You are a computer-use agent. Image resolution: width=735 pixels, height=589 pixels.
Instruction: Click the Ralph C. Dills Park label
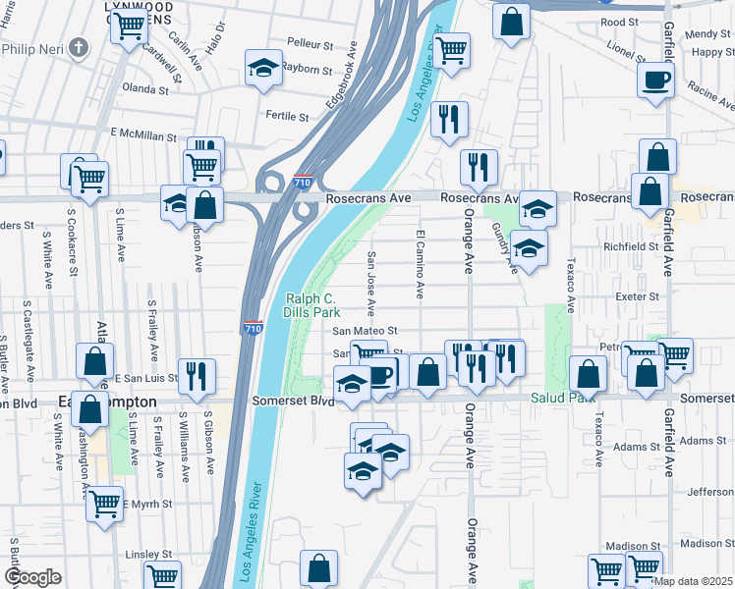(311, 307)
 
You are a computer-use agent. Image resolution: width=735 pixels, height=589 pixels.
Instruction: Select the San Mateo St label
(364, 332)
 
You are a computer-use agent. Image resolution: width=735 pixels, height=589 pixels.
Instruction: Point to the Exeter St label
(638, 295)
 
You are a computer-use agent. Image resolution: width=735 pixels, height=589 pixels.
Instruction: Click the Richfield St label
(631, 246)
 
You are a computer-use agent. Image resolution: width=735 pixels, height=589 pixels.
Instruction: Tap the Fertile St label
(287, 116)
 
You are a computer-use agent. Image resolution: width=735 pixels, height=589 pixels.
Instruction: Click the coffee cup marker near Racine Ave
(655, 80)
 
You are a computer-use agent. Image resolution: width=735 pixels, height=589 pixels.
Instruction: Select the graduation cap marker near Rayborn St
(262, 68)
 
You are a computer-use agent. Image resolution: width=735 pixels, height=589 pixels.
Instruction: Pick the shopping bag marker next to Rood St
(511, 22)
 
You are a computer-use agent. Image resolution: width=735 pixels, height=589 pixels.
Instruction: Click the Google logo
(31, 577)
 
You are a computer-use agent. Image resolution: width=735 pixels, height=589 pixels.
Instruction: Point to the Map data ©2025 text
(693, 581)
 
